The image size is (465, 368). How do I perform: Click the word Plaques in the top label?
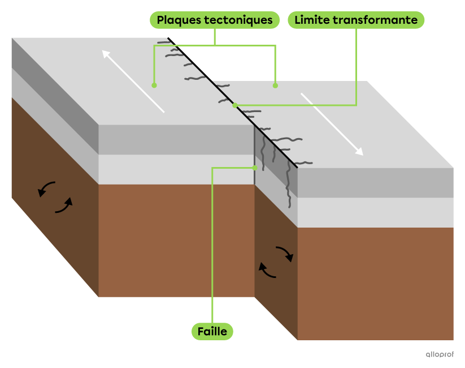tap(177, 20)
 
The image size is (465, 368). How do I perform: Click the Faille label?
tap(212, 331)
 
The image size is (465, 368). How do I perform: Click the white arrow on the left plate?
tap(133, 81)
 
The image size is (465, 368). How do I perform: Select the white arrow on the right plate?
tap(332, 124)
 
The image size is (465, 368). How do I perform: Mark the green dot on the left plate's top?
tap(154, 85)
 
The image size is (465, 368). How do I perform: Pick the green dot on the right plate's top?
tap(275, 85)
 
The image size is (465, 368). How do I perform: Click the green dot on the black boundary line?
tap(235, 105)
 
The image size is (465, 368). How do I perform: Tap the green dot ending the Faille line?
tap(255, 168)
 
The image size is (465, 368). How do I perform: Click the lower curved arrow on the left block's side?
tap(64, 206)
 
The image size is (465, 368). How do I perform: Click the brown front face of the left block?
tap(176, 240)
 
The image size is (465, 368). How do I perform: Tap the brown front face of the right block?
tap(375, 283)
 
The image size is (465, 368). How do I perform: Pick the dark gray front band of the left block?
tap(176, 139)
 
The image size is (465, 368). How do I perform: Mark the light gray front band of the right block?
tap(375, 212)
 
